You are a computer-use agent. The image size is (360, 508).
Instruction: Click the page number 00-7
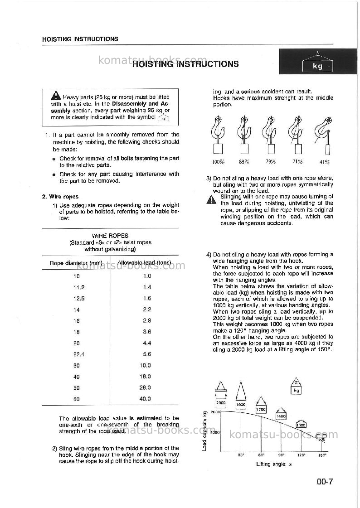(x=325, y=482)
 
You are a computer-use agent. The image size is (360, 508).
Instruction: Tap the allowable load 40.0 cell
(x=145, y=399)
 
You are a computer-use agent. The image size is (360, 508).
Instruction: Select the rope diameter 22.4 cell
(x=79, y=354)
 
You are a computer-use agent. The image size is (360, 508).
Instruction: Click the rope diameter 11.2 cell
(x=79, y=287)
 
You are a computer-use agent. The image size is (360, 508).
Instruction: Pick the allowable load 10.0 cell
(x=145, y=365)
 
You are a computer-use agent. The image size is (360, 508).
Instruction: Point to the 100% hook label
(x=219, y=162)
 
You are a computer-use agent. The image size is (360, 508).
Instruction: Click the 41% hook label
(x=324, y=162)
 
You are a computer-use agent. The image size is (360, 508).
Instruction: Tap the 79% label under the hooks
(x=271, y=161)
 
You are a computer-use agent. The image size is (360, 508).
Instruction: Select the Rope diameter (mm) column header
(x=76, y=263)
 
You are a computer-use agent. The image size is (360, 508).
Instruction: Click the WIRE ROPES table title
(x=110, y=236)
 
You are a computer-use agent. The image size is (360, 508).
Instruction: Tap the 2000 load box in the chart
(x=221, y=403)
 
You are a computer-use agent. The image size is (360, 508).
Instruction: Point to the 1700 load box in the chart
(x=261, y=410)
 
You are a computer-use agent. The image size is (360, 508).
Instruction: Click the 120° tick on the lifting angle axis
(x=301, y=455)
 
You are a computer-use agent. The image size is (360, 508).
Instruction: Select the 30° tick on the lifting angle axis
(x=241, y=455)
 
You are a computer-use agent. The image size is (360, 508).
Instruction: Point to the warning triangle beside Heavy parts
(x=56, y=96)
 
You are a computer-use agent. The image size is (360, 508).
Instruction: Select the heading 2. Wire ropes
(x=60, y=197)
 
